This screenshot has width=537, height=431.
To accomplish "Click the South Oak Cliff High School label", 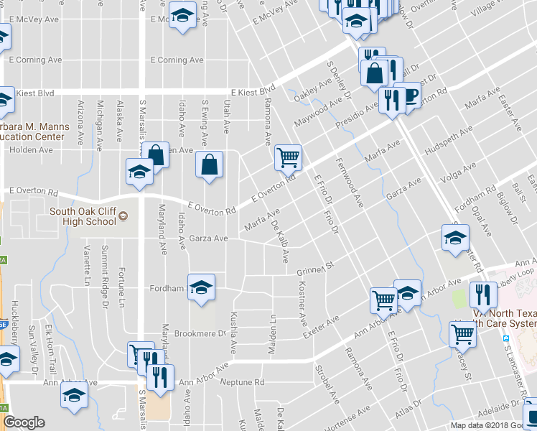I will (x=82, y=216).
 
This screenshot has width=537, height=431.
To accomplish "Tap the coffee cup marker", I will (x=410, y=96).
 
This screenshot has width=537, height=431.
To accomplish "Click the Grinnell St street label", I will (x=316, y=271).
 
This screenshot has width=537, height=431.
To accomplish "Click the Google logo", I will (x=24, y=422).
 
